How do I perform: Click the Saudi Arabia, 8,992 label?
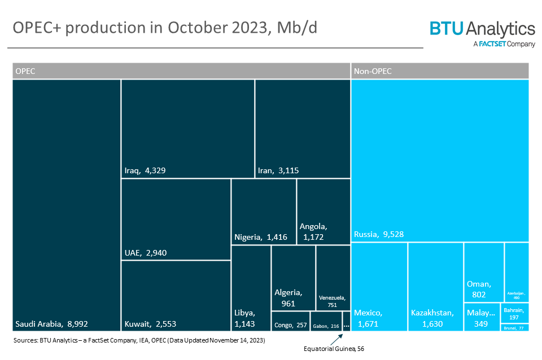pos(51,324)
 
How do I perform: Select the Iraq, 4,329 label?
pos(145,170)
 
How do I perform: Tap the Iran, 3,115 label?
pos(278,170)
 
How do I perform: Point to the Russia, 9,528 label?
pos(379,234)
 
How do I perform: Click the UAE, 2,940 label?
pos(145,253)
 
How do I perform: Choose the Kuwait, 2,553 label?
pos(151,324)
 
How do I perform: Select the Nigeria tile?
pos(264,212)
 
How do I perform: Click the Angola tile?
pos(324,212)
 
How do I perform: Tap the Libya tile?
pos(251,288)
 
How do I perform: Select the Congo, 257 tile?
pos(290,321)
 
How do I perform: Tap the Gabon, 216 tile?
pos(326,321)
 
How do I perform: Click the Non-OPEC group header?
pos(439,71)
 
